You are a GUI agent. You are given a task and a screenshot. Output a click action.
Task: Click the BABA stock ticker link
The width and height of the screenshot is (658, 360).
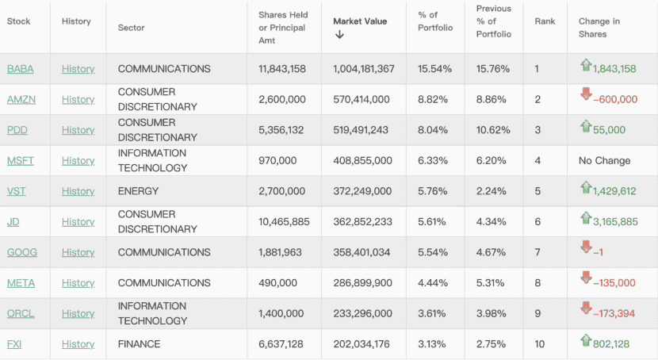click(x=20, y=69)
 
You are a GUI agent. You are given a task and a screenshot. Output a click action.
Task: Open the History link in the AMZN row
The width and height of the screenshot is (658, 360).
click(x=78, y=99)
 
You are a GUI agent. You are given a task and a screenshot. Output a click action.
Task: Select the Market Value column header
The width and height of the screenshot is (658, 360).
click(x=360, y=21)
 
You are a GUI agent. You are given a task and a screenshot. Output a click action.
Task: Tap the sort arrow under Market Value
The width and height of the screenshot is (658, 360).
click(x=339, y=35)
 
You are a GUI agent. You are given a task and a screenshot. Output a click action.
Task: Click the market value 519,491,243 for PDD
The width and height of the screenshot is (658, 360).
click(x=361, y=130)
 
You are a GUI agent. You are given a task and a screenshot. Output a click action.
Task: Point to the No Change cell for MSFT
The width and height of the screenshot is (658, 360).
click(x=604, y=160)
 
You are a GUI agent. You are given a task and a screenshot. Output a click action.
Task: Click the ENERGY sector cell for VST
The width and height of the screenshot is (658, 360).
click(x=138, y=191)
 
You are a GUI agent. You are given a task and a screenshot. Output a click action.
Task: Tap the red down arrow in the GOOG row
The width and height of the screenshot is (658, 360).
click(x=586, y=249)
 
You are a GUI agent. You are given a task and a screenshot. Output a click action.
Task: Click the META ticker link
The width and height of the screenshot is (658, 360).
click(x=21, y=283)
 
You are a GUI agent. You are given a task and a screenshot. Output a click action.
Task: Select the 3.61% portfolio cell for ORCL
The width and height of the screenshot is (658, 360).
click(x=434, y=313)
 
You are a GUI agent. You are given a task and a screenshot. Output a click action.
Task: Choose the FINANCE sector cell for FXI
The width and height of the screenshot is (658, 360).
click(x=139, y=344)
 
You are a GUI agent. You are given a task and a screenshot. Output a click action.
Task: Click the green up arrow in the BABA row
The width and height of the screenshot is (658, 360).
click(x=586, y=65)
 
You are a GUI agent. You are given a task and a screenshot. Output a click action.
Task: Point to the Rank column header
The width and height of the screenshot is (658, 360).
click(x=545, y=21)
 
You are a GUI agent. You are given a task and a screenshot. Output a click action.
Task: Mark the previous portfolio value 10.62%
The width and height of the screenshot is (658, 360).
click(x=493, y=130)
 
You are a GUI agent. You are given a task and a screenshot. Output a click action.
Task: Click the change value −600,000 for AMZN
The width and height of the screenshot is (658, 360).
click(x=614, y=100)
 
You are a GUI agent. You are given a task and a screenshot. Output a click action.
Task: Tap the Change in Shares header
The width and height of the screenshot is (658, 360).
click(x=599, y=28)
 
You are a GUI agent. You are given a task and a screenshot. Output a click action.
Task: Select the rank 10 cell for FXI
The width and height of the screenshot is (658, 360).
click(x=540, y=344)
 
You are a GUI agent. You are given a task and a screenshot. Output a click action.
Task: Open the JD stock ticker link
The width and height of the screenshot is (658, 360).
click(x=13, y=222)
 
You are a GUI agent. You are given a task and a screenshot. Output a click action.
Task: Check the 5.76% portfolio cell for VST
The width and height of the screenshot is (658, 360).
click(x=434, y=191)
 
